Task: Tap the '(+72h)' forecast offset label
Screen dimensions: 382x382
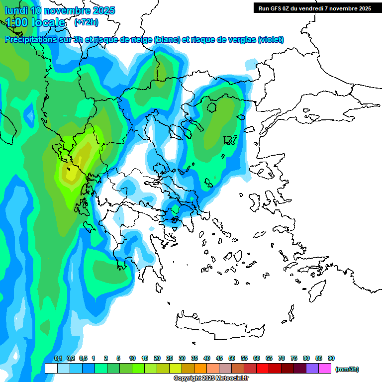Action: point(86,22)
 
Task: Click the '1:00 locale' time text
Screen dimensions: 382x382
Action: point(35,22)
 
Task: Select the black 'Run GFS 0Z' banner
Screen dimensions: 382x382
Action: point(315,8)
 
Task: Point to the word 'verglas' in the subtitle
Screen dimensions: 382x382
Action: point(242,39)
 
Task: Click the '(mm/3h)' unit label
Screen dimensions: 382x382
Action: point(347,369)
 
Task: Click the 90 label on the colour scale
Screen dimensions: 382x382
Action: point(331,358)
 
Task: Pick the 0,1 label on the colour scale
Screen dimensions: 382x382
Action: point(58,358)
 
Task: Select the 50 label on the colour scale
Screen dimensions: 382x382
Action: point(232,358)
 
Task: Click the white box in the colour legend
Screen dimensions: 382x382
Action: point(51,369)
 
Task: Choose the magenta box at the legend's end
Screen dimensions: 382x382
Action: point(325,369)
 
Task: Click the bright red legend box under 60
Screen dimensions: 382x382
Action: point(263,369)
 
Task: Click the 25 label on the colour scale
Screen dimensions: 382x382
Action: point(170,358)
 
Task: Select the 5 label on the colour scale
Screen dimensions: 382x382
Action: point(118,358)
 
